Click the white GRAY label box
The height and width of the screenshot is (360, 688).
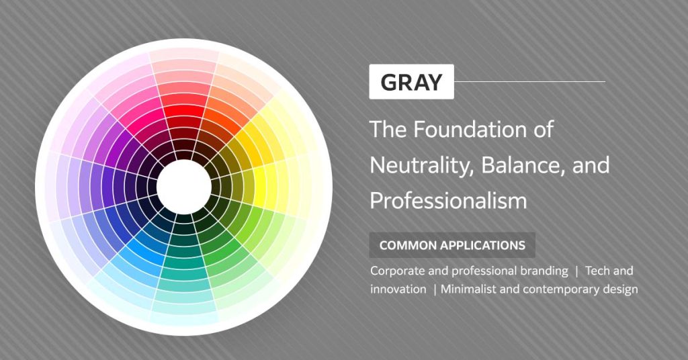[411, 82]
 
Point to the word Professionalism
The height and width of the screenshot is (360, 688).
[447, 201]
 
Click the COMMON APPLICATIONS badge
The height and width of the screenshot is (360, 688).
[452, 245]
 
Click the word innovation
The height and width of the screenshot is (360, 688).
[398, 289]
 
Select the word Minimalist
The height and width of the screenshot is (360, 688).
[470, 289]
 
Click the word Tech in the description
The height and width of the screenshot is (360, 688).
[597, 271]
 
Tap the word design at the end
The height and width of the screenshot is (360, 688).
[621, 289]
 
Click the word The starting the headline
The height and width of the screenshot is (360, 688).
[386, 129]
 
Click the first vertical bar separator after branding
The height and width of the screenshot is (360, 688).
[576, 271]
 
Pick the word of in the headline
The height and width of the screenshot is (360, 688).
[542, 129]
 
